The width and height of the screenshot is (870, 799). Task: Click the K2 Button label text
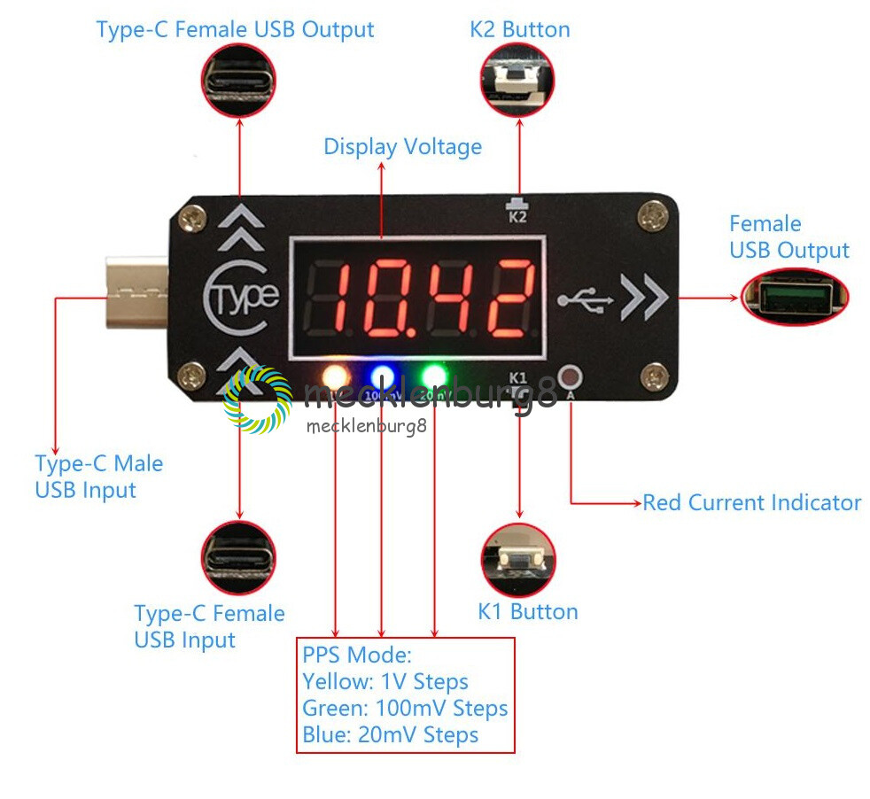coord(519,29)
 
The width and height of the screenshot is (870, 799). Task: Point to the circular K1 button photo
coord(518,559)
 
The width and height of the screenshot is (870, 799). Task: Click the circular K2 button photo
coord(518,80)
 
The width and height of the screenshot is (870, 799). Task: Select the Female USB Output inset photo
coord(794,297)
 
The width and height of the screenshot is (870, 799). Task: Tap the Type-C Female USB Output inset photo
coord(238,81)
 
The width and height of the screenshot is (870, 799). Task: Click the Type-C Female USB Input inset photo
coord(238,557)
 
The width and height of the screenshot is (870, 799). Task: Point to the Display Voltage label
coord(402,146)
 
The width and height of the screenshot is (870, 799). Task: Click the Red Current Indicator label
coord(751,503)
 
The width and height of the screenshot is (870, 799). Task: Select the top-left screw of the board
coord(190,214)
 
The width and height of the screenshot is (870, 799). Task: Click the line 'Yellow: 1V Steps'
coord(385,682)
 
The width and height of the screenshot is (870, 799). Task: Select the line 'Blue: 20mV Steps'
coord(390,735)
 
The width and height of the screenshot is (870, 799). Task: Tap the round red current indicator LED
coord(571,375)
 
